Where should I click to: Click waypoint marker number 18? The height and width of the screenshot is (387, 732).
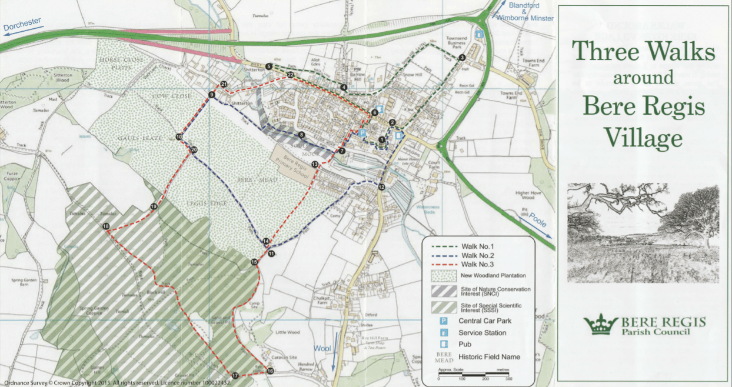(106, 226)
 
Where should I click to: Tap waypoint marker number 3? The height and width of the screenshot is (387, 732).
(462, 57)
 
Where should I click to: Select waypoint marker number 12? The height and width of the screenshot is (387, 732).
(381, 187)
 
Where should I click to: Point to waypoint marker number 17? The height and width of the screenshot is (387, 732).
(235, 375)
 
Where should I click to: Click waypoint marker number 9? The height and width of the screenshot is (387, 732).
(211, 95)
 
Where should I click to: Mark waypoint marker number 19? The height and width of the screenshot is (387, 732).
(154, 206)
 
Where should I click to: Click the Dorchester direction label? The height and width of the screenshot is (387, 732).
(22, 24)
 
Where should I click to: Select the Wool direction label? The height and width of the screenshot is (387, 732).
(322, 348)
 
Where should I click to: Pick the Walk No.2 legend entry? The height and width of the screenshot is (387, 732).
(477, 255)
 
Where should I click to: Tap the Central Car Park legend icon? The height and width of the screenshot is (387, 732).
(444, 321)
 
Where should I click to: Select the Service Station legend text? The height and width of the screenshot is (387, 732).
(483, 333)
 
